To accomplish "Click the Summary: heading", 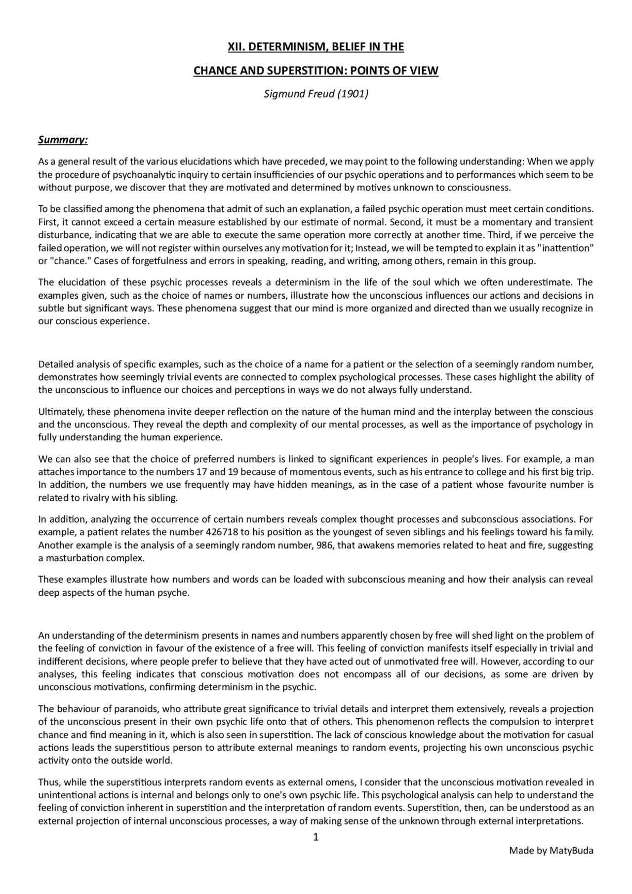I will click(x=63, y=140).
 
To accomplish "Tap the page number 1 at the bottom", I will click(x=316, y=837).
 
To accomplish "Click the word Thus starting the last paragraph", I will click(x=48, y=782).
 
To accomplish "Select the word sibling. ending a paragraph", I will click(x=163, y=498).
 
